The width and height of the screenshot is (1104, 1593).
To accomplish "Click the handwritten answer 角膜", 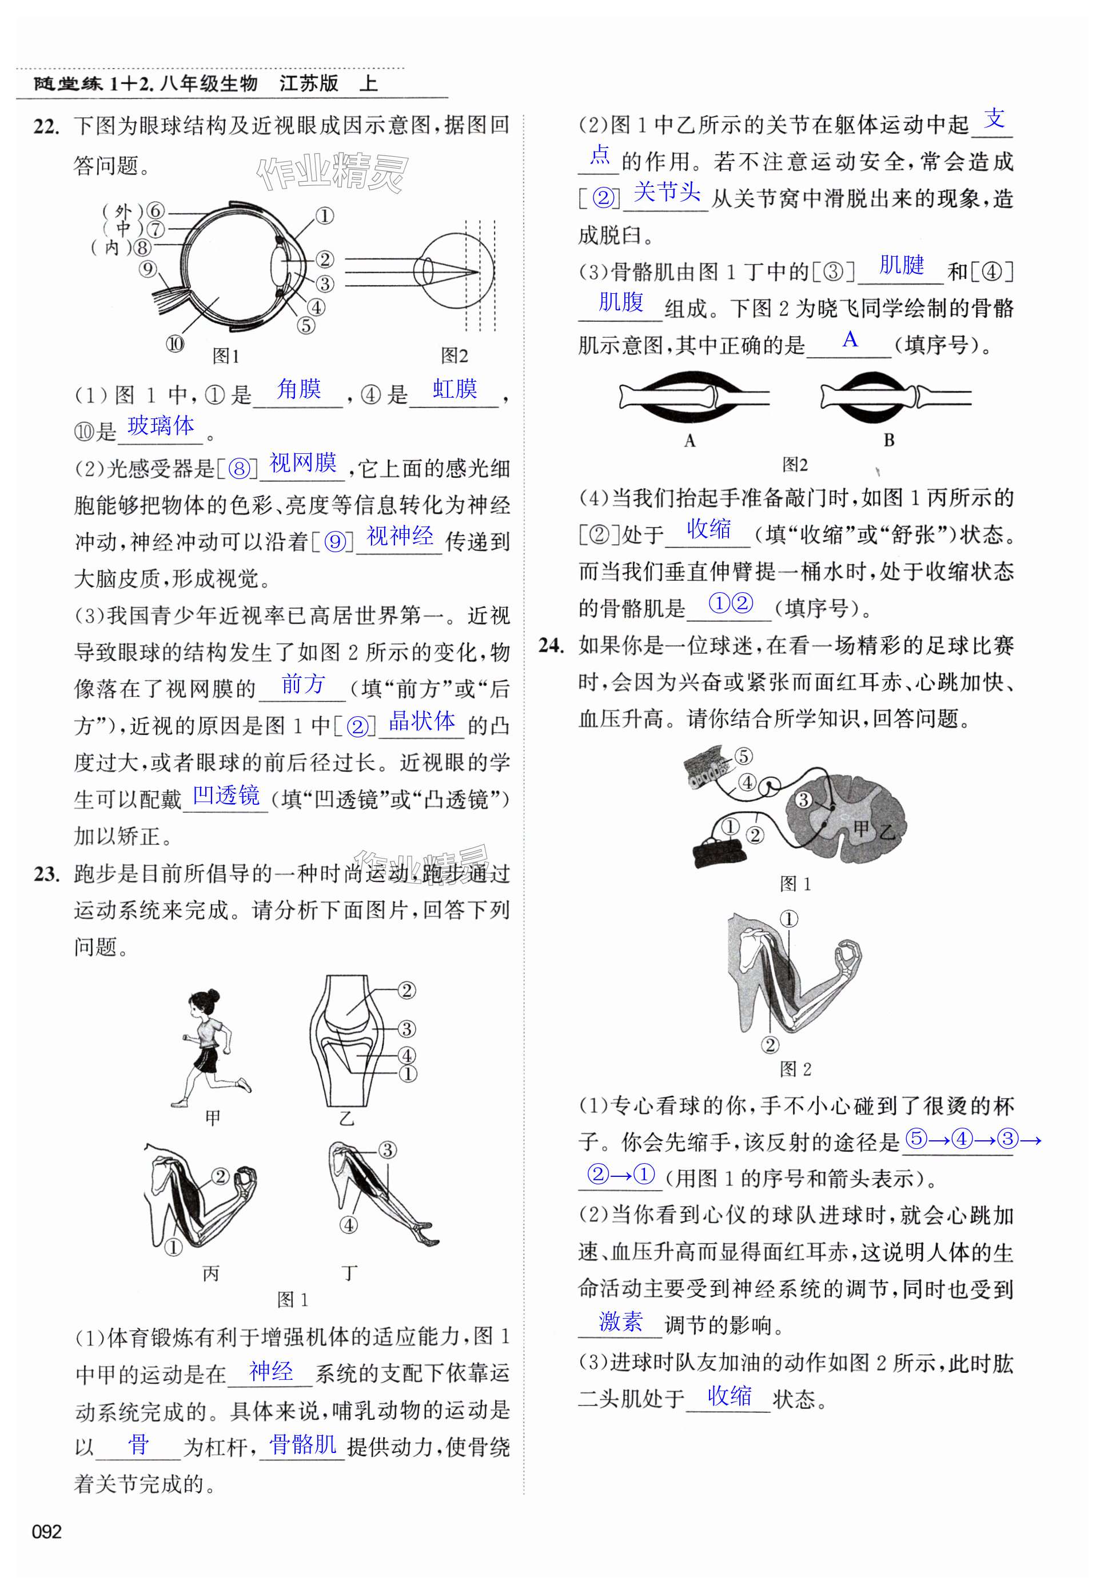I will pos(299,389).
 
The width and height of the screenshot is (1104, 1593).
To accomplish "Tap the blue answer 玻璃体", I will pos(161,426).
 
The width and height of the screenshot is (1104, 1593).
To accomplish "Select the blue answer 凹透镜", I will pos(226,795).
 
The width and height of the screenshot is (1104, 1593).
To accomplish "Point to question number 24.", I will pos(552,646).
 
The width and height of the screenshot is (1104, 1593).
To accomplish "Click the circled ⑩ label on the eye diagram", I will pos(175,344).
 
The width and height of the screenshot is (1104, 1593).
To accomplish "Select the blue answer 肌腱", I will pos(901,265).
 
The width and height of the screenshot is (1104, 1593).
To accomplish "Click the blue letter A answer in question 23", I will pos(850,340).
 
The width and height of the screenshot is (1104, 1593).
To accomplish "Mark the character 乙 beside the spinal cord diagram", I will pos(887,832).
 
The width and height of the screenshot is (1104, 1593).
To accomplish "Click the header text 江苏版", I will pos(309,83).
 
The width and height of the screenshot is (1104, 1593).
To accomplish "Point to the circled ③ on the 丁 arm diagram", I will pos(388,1151).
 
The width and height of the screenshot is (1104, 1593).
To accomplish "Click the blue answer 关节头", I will pos(667,191).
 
